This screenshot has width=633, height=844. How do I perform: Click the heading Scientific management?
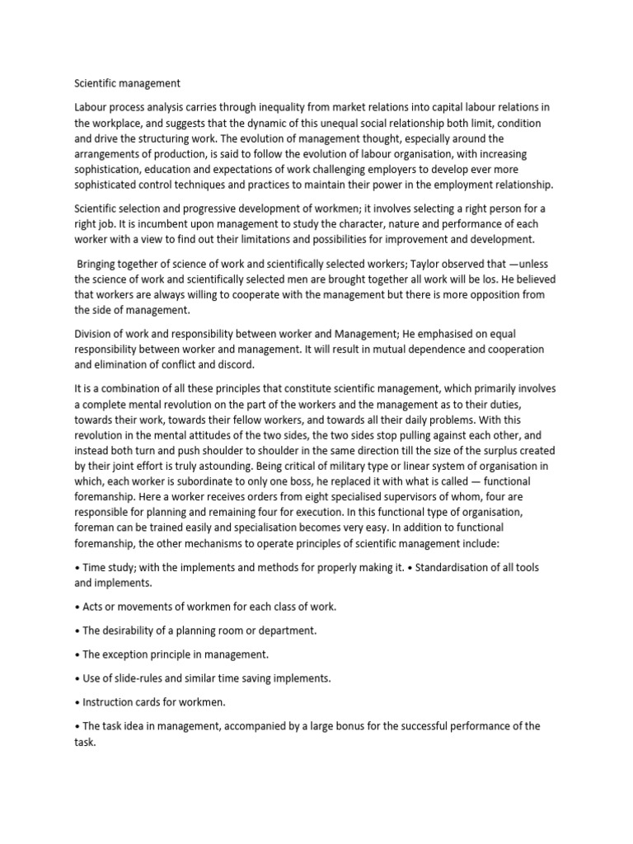click(x=128, y=82)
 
